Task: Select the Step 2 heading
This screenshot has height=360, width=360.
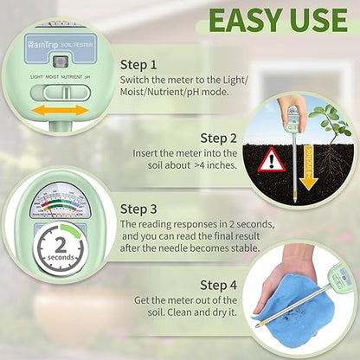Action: tap(219, 136)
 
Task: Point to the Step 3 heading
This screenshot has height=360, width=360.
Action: tap(139, 209)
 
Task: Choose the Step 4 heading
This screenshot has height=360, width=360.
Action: tap(218, 284)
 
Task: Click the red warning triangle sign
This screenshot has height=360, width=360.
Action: tap(274, 159)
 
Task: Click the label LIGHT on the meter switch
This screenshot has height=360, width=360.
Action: tap(38, 77)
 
